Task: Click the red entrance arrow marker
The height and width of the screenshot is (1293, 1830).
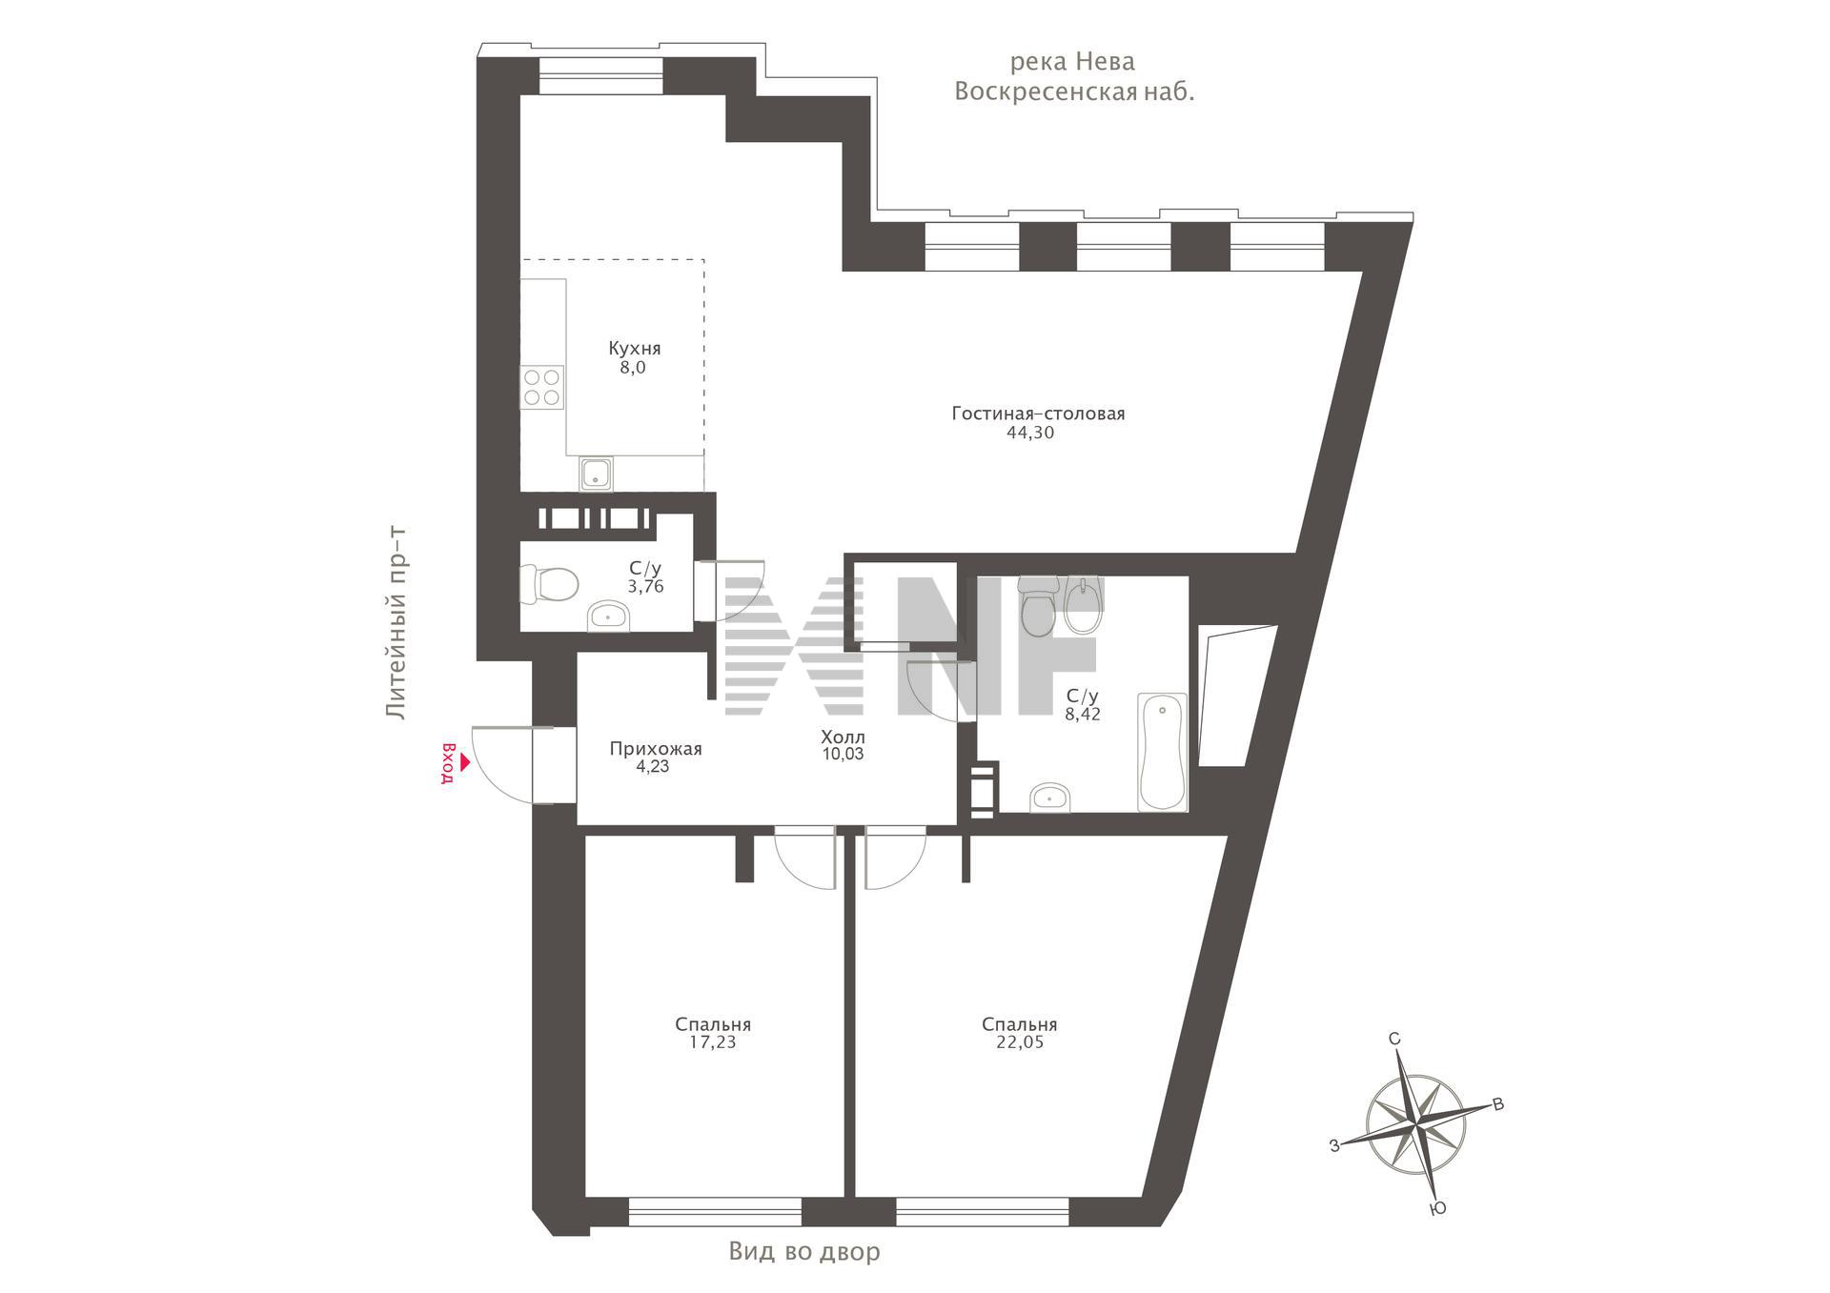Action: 465,762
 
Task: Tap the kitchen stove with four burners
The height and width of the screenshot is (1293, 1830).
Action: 541,387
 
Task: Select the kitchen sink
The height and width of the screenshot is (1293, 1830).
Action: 596,473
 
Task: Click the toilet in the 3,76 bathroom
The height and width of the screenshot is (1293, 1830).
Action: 549,584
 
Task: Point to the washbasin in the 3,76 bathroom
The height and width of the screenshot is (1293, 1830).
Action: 607,616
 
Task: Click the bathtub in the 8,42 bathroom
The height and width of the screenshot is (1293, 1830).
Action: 1162,752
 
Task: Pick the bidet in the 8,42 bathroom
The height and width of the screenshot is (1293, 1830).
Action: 1083,605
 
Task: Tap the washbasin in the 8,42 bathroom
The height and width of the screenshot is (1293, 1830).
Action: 1050,797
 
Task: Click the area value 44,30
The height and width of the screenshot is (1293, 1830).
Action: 1030,433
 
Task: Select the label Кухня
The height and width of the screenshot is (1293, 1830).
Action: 635,349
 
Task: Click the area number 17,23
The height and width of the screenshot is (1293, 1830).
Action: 713,1042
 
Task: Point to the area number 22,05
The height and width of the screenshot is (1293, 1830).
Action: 1020,1042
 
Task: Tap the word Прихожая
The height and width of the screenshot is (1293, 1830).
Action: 656,749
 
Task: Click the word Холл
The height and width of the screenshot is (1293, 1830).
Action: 844,737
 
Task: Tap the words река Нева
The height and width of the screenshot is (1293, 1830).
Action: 1072,62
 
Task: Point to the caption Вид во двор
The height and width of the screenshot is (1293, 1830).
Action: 804,1251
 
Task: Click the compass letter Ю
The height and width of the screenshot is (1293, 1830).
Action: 1439,1208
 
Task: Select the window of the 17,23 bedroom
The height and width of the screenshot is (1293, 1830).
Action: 715,1211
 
